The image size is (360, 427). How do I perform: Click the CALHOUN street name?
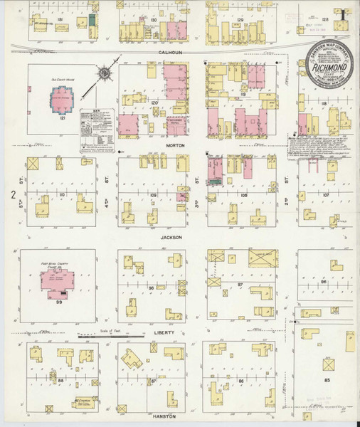(171, 52)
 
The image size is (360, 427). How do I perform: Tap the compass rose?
(105, 73)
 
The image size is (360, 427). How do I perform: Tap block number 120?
(153, 103)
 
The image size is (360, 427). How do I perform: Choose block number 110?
(63, 194)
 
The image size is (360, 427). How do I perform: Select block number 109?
(152, 194)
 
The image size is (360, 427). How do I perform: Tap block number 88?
(62, 381)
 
